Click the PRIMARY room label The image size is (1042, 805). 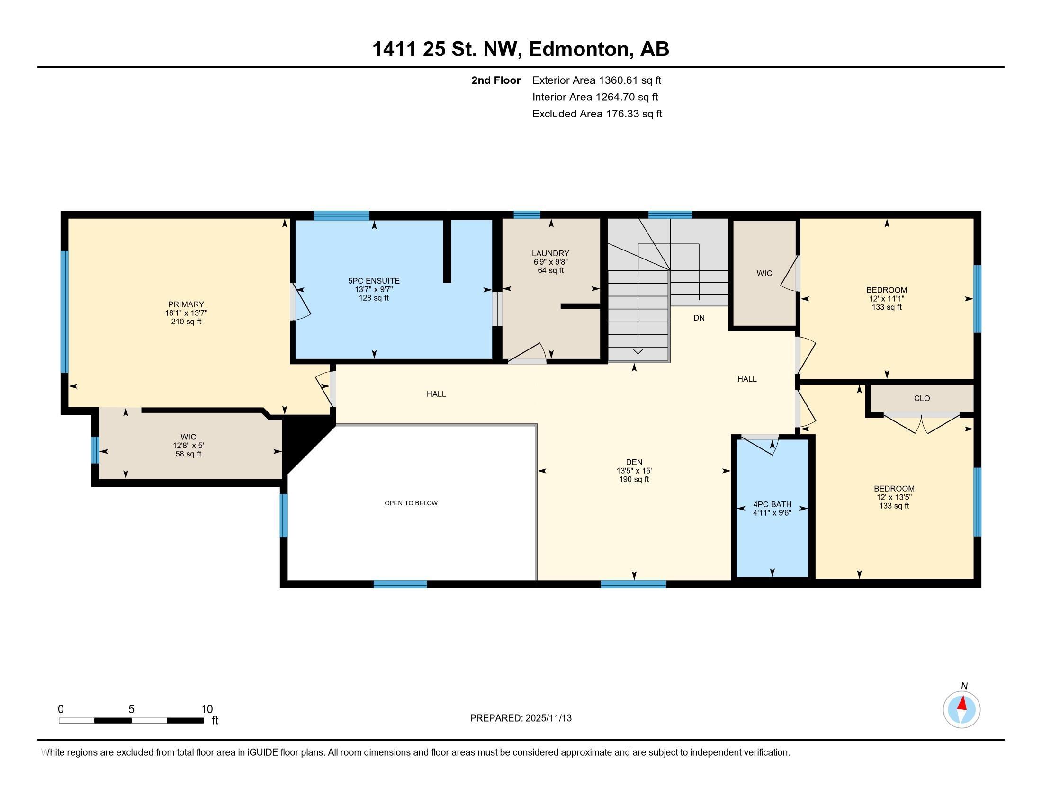coord(186,304)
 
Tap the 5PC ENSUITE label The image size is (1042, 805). coord(374,281)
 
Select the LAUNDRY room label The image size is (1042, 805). coord(550,253)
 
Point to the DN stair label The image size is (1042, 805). coord(699,318)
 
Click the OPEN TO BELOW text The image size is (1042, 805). coord(411,503)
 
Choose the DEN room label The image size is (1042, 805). coord(634,462)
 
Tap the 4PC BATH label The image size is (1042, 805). coord(772,505)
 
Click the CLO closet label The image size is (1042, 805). coord(922,398)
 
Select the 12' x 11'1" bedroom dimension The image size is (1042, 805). coord(887,299)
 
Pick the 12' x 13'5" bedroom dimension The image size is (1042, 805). coord(894,497)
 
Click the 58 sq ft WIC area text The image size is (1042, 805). coord(188,454)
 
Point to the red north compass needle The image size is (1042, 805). coord(962,704)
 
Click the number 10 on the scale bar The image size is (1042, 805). coord(207,709)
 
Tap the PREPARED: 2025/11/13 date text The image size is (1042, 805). coord(521,718)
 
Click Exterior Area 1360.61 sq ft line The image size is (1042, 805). coord(596,80)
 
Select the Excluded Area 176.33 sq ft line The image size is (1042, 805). coord(597,114)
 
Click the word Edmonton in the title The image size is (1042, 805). coord(578,49)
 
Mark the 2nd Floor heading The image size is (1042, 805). coord(495,80)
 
